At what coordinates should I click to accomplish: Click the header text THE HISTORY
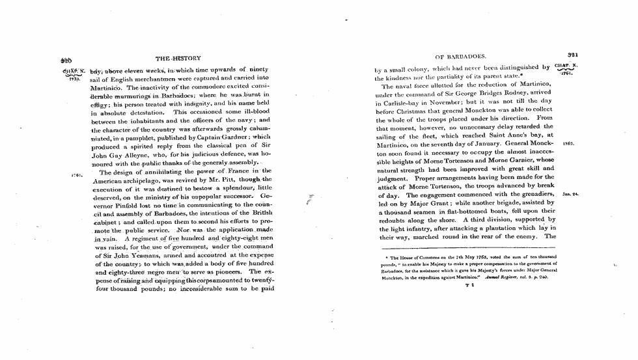(x=177, y=57)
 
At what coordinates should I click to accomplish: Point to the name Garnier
(x=522, y=159)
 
